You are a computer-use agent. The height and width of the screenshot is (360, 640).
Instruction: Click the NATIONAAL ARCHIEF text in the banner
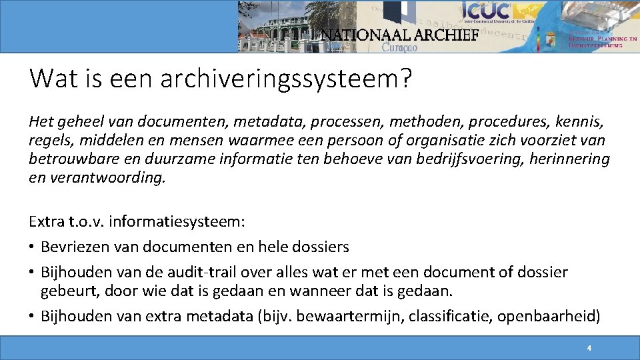[x=400, y=35]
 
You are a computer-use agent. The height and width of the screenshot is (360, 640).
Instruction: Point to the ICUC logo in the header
[x=487, y=11]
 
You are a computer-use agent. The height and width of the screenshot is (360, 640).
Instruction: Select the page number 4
[x=589, y=348]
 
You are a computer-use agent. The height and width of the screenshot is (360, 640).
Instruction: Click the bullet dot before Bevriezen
[x=33, y=247]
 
